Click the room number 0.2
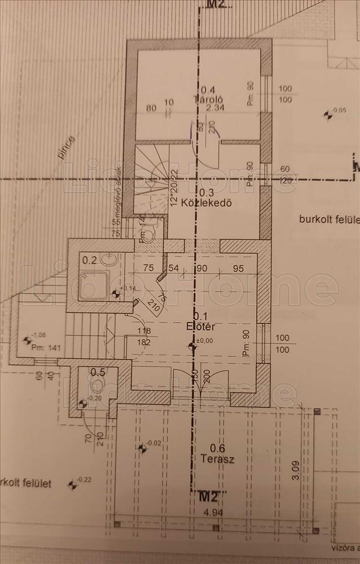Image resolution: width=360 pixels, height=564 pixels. (90, 260)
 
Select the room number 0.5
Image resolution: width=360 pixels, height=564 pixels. (98, 371)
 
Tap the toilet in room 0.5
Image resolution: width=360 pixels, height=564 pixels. (99, 385)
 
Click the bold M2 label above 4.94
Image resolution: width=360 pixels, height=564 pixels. (209, 496)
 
